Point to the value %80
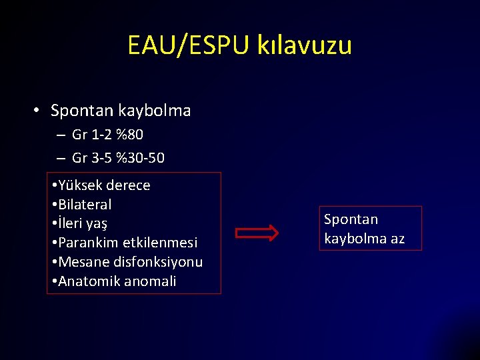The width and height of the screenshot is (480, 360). [129, 135]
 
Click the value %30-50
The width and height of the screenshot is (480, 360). [140, 158]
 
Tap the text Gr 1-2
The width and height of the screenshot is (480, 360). [91, 135]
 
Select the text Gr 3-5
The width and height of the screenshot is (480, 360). [91, 158]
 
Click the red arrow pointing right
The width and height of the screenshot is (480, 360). [257, 233]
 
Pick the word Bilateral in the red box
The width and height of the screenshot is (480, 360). [85, 205]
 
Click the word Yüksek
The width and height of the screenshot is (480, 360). [81, 185]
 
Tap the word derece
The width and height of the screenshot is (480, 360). [129, 185]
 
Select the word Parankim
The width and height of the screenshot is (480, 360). [88, 243]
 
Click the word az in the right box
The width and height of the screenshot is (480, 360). [397, 239]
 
